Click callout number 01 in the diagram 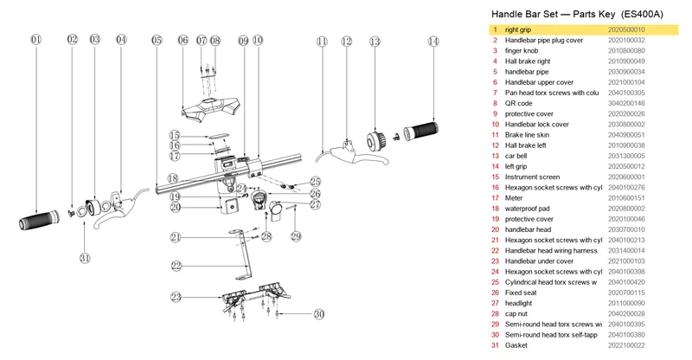click(36, 40)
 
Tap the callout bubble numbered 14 click(433, 42)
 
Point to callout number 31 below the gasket click(85, 258)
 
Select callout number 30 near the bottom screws click(319, 314)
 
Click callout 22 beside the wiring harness click(176, 266)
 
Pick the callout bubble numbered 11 click(322, 42)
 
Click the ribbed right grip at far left click(39, 220)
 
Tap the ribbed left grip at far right click(421, 130)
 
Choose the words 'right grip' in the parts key click(517, 29)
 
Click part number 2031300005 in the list click(626, 156)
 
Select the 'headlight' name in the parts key click(518, 303)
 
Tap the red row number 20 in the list click(495, 229)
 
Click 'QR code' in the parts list click(518, 103)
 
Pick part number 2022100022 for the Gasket click(626, 345)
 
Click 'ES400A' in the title click(642, 14)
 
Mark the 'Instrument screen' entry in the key click(532, 177)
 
